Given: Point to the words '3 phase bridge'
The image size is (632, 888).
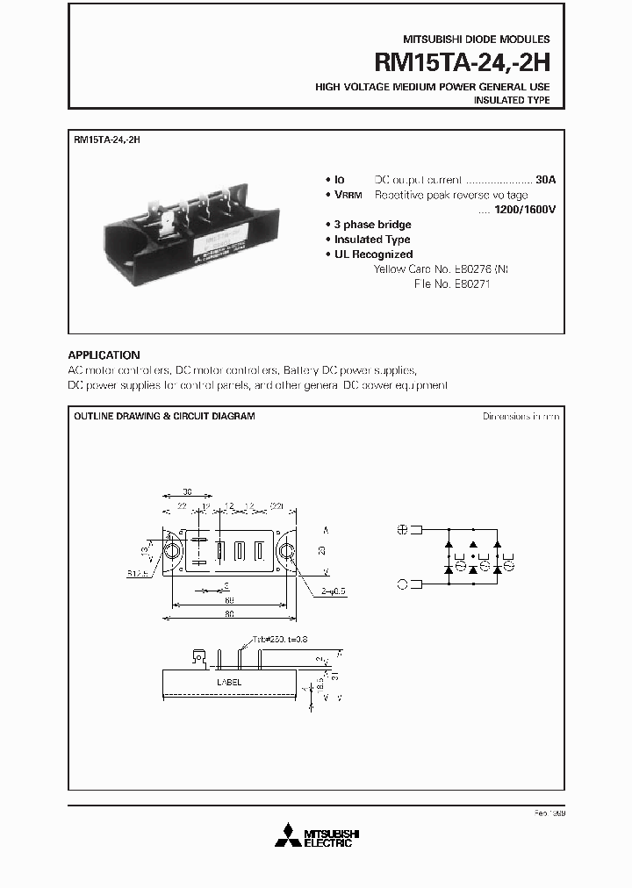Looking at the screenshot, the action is pos(372,225).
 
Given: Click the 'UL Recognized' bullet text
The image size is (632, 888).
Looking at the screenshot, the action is pos(373,254).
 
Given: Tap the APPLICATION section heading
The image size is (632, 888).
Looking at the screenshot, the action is pos(104,355).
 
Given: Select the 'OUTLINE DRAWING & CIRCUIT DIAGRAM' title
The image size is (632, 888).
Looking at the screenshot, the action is pos(164,416).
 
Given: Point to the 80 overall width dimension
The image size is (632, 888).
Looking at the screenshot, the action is pos(229,614).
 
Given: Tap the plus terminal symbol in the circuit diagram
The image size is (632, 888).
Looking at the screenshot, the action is pos(402,529).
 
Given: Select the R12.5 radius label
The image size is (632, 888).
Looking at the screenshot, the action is pos(135,573).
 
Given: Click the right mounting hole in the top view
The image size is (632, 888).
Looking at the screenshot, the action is pos(287,551).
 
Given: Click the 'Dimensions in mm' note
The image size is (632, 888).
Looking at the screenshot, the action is pos(521,416).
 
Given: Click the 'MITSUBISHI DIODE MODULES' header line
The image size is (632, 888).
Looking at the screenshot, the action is pos(476,39).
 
